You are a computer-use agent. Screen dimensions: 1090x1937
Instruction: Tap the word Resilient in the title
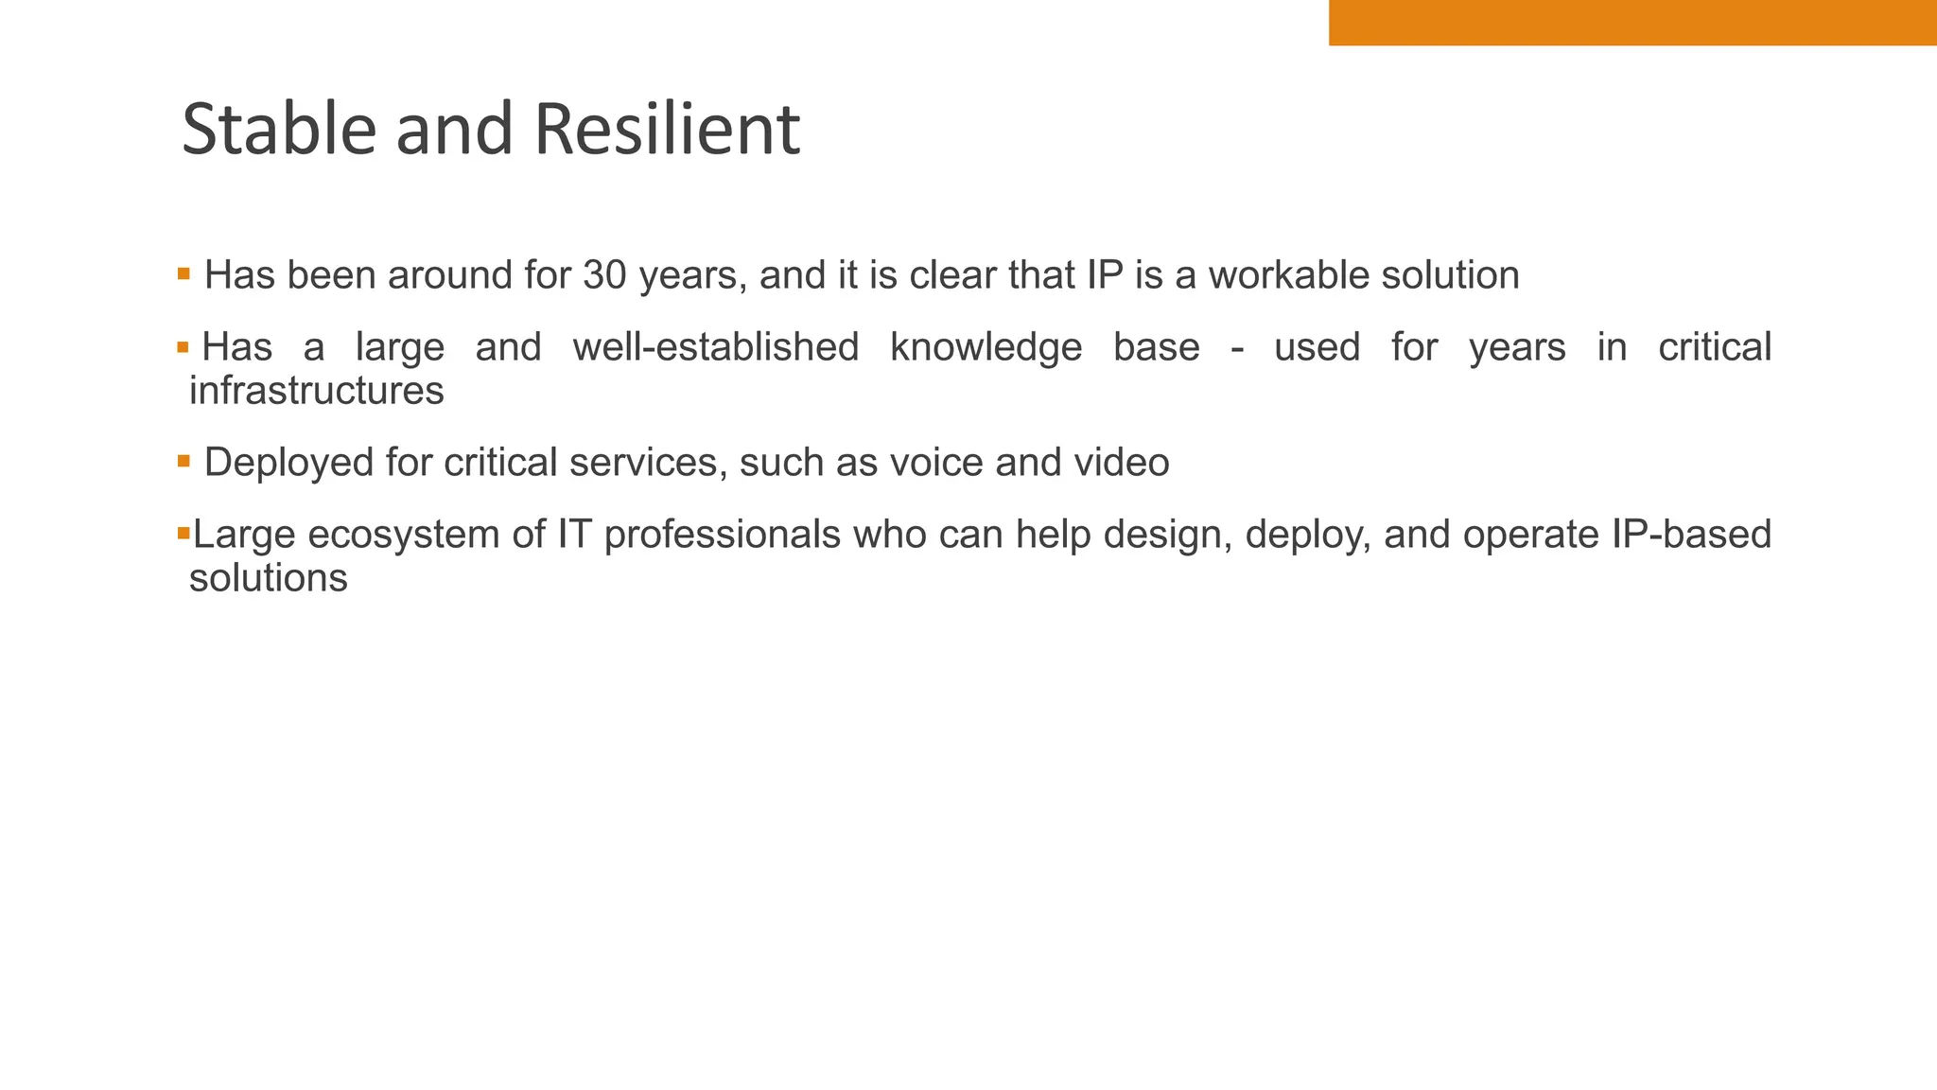tap(667, 130)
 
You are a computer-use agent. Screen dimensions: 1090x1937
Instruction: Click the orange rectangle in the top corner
tap(1632, 23)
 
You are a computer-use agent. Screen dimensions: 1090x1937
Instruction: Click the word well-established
tap(716, 347)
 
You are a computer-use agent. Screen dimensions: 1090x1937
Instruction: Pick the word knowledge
tap(986, 347)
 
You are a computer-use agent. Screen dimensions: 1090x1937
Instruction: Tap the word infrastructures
tap(317, 390)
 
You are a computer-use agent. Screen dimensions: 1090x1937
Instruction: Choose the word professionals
tap(722, 535)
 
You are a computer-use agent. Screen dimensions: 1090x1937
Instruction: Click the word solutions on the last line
tap(269, 577)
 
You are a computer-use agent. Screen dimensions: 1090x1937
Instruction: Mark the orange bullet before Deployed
tap(183, 462)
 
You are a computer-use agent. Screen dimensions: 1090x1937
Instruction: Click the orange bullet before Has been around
tap(183, 274)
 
